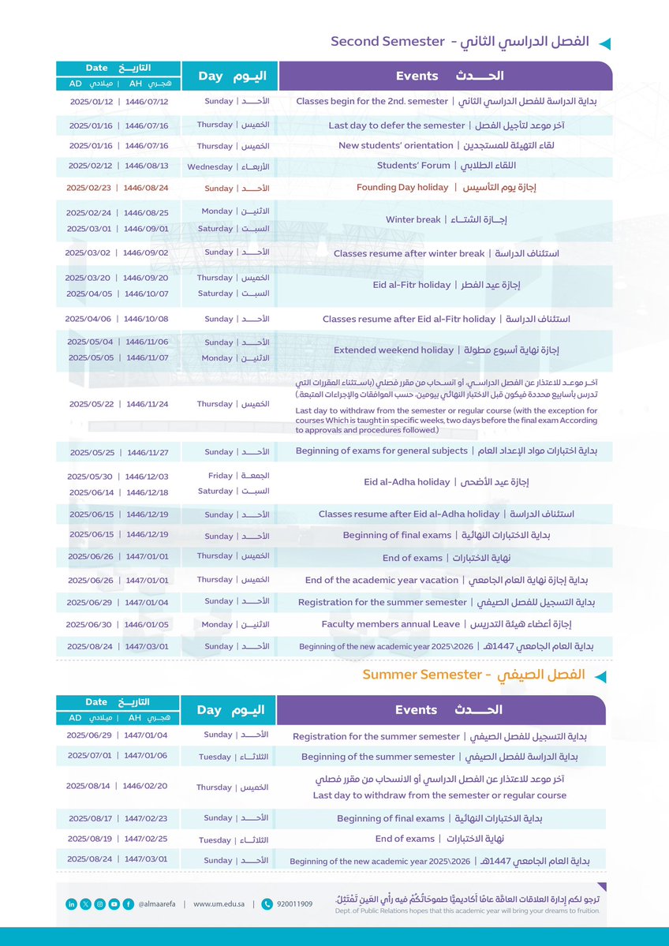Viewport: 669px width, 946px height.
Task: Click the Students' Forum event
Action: [x=447, y=166]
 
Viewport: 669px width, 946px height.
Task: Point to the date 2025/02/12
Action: [x=91, y=166]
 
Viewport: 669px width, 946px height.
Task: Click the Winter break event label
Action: [x=447, y=219]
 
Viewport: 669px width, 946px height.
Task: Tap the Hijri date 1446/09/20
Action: [x=147, y=278]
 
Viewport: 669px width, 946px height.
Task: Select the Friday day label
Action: [x=222, y=476]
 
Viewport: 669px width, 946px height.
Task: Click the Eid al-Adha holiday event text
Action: [x=447, y=482]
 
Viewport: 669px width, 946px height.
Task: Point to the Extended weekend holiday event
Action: [x=447, y=350]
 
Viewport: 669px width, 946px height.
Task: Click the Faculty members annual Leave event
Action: [x=447, y=624]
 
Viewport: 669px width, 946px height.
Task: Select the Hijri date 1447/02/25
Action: [x=147, y=839]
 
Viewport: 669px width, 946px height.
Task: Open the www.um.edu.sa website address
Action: [x=218, y=904]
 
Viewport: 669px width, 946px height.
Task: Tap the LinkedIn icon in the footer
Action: [x=71, y=904]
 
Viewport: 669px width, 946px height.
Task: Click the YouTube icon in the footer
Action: [x=114, y=904]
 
